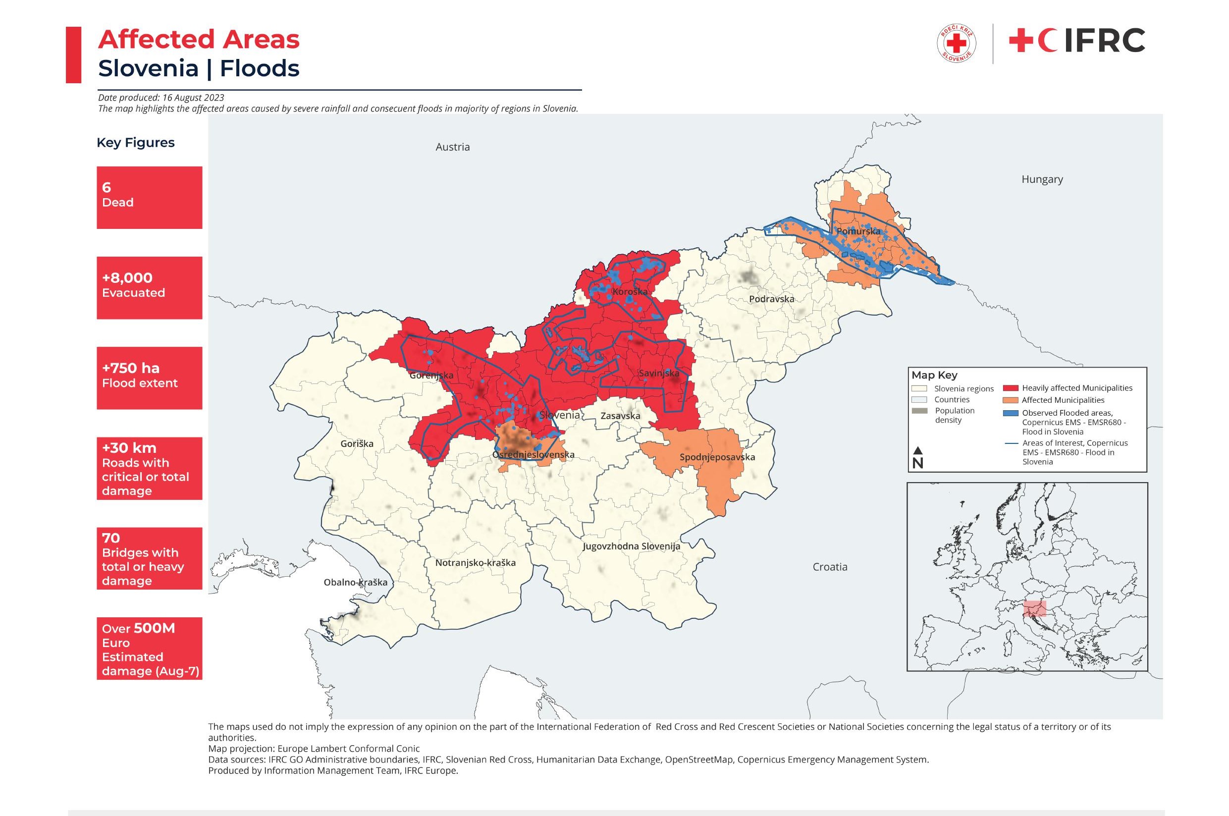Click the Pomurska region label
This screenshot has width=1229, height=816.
tap(858, 230)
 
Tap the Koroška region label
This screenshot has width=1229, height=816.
tap(630, 291)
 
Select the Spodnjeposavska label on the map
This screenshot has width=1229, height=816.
tap(717, 457)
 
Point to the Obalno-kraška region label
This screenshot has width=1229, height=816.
tap(355, 582)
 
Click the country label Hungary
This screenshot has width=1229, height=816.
tap(1042, 179)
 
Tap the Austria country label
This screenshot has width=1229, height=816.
tap(452, 147)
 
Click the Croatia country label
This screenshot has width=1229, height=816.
tap(830, 567)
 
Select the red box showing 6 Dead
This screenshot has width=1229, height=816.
tap(149, 197)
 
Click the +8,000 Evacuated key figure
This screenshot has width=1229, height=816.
tap(149, 287)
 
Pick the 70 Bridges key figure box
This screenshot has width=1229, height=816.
tap(149, 558)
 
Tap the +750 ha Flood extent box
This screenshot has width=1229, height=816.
tap(149, 378)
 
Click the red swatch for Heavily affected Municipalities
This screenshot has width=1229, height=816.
tap(1010, 388)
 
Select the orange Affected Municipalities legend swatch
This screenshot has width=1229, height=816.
tap(1010, 400)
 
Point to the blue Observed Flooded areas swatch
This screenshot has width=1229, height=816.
tap(1010, 413)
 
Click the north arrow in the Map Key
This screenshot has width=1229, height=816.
tap(918, 457)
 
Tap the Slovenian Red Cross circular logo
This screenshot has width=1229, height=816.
tap(957, 44)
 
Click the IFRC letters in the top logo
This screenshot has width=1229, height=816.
tap(1104, 41)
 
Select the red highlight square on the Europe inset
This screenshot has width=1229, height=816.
tap(1034, 609)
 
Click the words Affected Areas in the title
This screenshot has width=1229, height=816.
tap(199, 40)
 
